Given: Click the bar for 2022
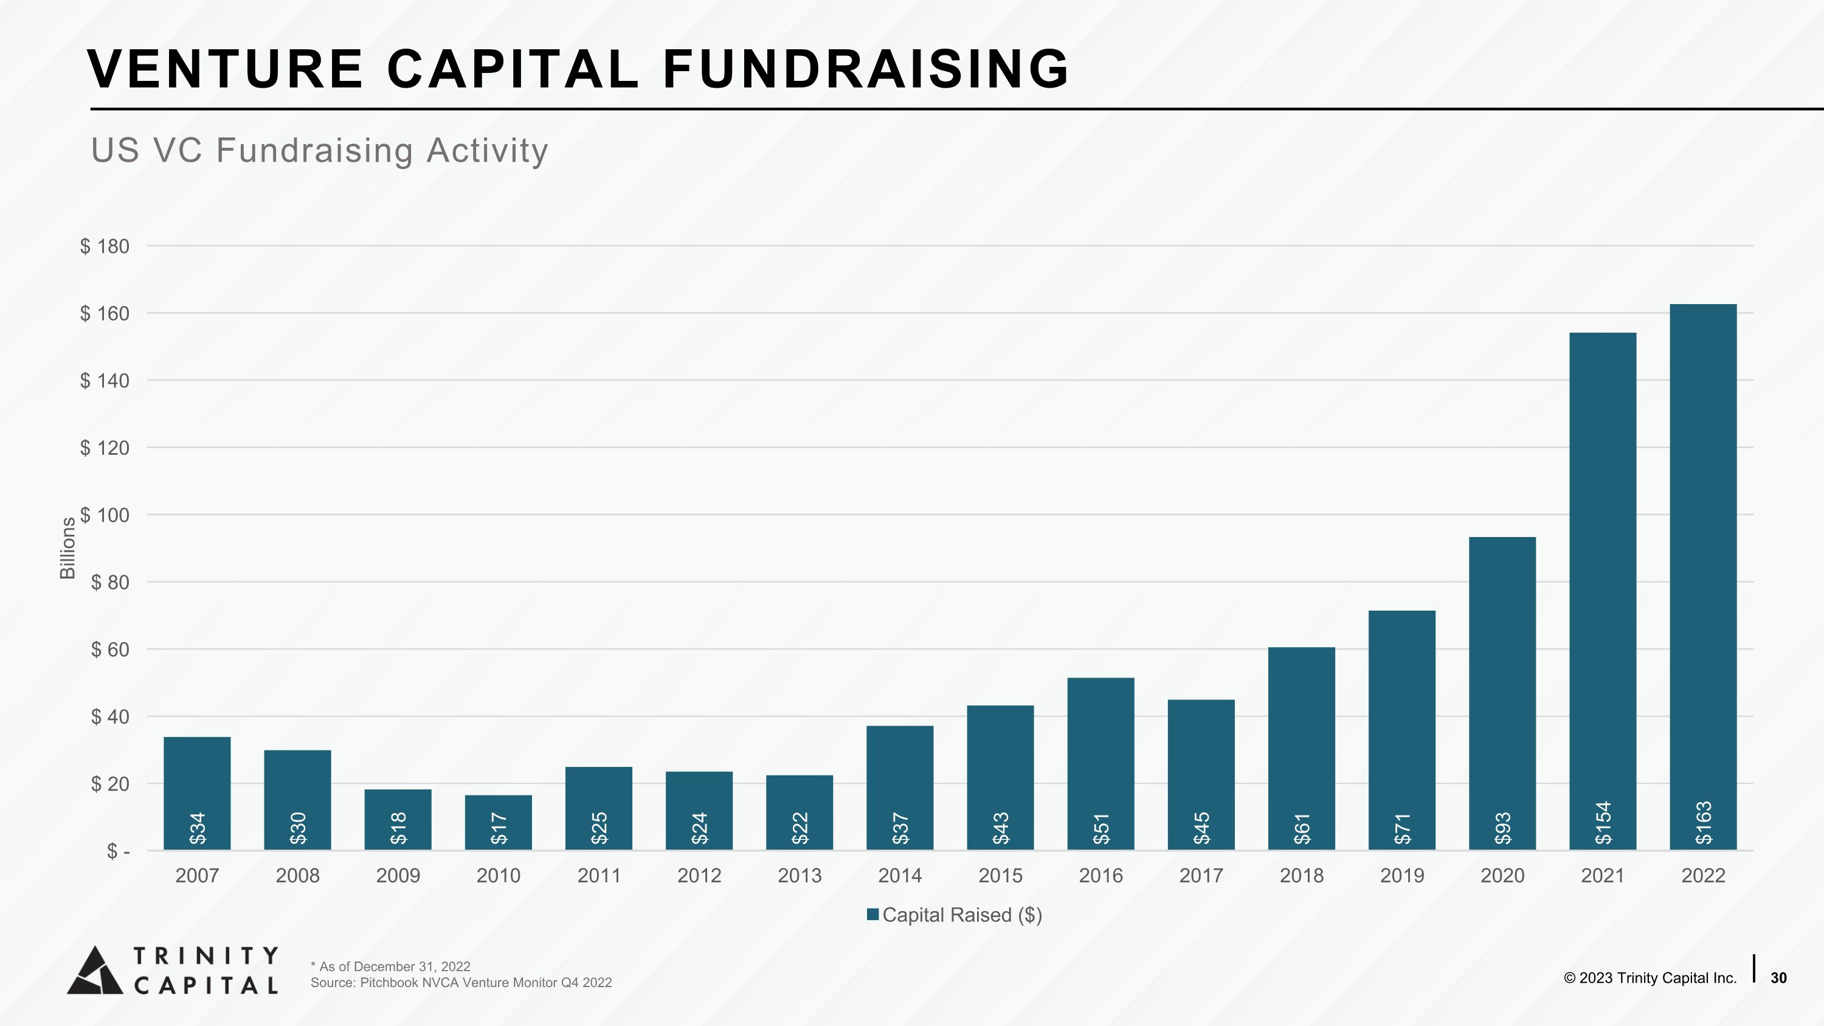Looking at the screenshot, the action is (1703, 577).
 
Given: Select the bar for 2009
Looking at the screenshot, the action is (398, 819).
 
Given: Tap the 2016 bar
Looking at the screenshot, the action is (1100, 763).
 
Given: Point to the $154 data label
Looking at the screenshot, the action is (1603, 823).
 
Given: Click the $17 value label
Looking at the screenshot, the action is (499, 828).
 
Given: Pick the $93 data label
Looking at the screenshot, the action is (1502, 828).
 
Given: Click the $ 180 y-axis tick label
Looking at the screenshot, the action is (105, 246).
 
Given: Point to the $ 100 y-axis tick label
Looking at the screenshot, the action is (105, 515).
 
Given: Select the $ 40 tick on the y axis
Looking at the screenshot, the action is (111, 716).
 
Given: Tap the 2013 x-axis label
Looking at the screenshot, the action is (800, 876).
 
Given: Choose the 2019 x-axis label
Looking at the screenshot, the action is (1402, 876).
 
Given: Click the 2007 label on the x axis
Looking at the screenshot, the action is (197, 876).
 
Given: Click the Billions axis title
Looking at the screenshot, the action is (67, 548).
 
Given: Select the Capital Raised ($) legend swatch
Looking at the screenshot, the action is (873, 915).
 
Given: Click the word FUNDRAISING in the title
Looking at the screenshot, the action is (865, 69).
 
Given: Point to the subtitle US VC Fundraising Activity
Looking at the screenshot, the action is (319, 151).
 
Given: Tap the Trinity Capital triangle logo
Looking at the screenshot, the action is (95, 970).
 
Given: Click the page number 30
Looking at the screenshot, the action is (1778, 978).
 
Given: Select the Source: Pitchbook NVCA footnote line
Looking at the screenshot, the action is (461, 983).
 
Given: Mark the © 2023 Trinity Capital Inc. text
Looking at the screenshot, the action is (1650, 978).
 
